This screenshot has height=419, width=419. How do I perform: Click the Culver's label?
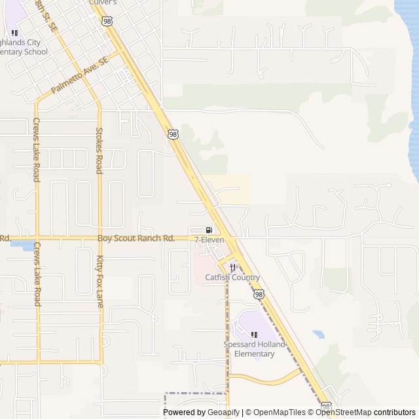pos(102,3)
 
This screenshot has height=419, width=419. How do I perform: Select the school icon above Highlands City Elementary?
pos(14,33)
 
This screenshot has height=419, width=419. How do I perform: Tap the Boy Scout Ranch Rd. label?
pos(136,239)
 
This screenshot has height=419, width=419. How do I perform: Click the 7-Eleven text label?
pos(209,240)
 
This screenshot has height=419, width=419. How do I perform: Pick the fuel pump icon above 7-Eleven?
pos(209,230)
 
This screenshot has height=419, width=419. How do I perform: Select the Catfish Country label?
pos(232,278)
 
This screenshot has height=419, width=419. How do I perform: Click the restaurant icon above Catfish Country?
pos(232,267)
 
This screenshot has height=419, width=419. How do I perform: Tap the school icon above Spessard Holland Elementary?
pos(254,335)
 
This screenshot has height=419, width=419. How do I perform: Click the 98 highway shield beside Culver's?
pos(107,21)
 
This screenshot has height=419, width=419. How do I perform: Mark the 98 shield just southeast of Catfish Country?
pos(259,295)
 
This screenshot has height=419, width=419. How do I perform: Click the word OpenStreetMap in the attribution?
pos(344,412)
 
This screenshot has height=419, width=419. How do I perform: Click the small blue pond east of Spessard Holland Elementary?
pos(318,334)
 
